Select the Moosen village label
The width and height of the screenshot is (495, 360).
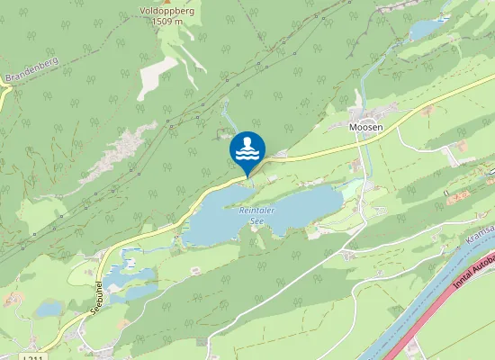tap(366, 128)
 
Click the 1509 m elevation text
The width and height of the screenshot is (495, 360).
tap(166, 21)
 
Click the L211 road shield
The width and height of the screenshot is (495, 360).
tap(32, 357)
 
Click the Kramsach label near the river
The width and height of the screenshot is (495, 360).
tap(481, 236)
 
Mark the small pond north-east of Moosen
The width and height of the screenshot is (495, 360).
tap(426, 30)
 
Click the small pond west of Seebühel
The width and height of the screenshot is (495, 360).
tap(49, 309)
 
